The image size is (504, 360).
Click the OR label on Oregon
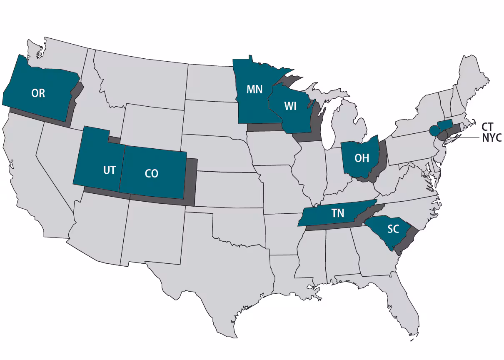tap(38, 93)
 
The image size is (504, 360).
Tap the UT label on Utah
tap(109, 170)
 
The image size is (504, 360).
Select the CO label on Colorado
tap(152, 173)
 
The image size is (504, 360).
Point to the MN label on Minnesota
tap(254, 90)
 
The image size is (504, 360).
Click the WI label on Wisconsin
tap(290, 106)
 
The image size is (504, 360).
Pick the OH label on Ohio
tap(362, 158)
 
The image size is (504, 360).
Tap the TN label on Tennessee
tap(338, 213)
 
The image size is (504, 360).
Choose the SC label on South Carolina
tap(393, 229)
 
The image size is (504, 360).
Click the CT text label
tap(487, 127)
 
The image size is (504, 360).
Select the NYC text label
tap(492, 138)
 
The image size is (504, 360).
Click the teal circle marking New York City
tap(434, 130)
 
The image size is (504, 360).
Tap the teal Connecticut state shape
tap(445, 125)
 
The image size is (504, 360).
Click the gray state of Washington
tap(58, 54)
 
